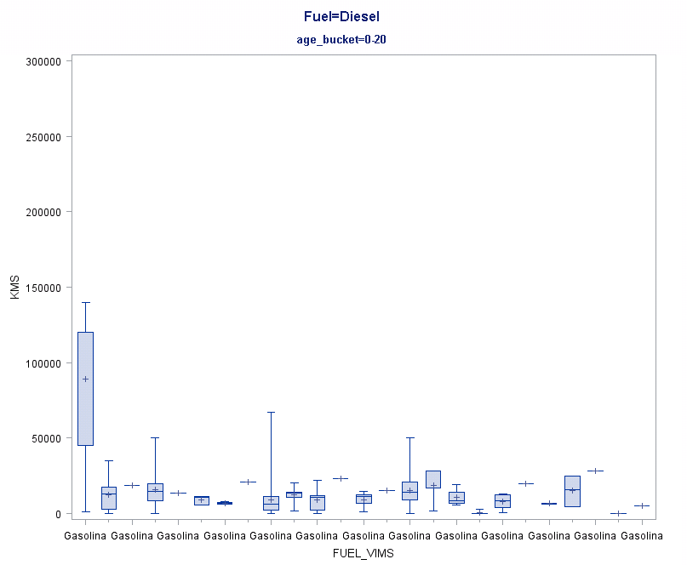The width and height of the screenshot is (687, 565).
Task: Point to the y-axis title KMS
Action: pyautogui.click(x=14, y=287)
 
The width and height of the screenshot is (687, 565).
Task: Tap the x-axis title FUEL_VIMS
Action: pyautogui.click(x=364, y=552)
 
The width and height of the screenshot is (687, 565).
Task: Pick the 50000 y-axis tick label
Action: pyautogui.click(x=45, y=438)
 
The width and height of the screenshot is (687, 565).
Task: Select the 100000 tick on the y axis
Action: pyautogui.click(x=43, y=362)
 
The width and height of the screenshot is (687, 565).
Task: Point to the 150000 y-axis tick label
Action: pyautogui.click(x=43, y=288)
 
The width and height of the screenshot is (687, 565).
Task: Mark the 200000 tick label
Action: pyautogui.click(x=43, y=212)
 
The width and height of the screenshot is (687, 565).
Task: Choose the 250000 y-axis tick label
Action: pyautogui.click(x=43, y=137)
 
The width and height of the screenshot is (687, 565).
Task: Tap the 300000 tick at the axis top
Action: pyautogui.click(x=43, y=61)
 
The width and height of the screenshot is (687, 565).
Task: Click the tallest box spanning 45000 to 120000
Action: pyautogui.click(x=85, y=400)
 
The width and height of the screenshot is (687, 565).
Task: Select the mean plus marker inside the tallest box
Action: pyautogui.click(x=85, y=379)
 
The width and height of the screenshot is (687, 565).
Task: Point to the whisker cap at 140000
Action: pyautogui.click(x=85, y=302)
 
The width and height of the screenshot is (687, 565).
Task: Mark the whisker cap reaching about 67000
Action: pyautogui.click(x=271, y=412)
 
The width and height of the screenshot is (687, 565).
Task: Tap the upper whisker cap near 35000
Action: pyautogui.click(x=108, y=460)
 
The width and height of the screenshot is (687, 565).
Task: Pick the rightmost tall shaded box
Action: pyautogui.click(x=572, y=491)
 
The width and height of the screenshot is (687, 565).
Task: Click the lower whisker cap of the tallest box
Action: pyautogui.click(x=85, y=512)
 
